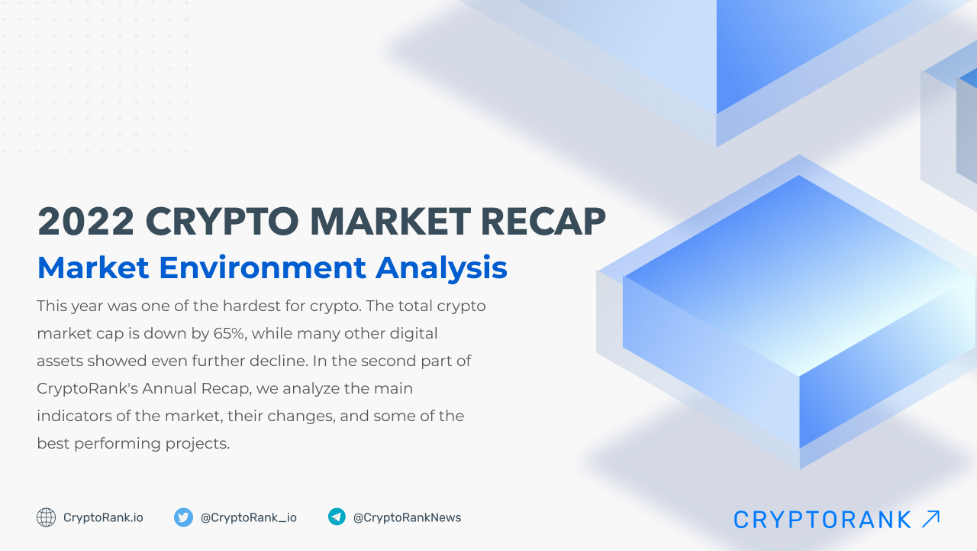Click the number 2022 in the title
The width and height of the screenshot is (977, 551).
tap(85, 222)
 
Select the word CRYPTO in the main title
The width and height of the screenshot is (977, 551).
tap(221, 222)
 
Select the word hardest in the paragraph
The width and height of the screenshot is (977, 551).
tap(253, 306)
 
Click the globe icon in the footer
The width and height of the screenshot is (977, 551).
tap(47, 517)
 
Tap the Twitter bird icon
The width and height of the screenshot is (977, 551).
tap(183, 517)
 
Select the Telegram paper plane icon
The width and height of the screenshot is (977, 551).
tap(337, 517)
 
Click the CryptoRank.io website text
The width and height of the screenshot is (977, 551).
tap(103, 517)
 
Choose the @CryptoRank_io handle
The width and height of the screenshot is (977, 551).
tap(249, 517)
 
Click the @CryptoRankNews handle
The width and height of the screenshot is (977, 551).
tap(407, 517)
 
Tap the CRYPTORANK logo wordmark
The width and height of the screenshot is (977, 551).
tap(823, 520)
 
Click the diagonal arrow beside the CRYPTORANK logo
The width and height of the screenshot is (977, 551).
tap(930, 519)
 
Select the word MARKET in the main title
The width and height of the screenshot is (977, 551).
tap(391, 222)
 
